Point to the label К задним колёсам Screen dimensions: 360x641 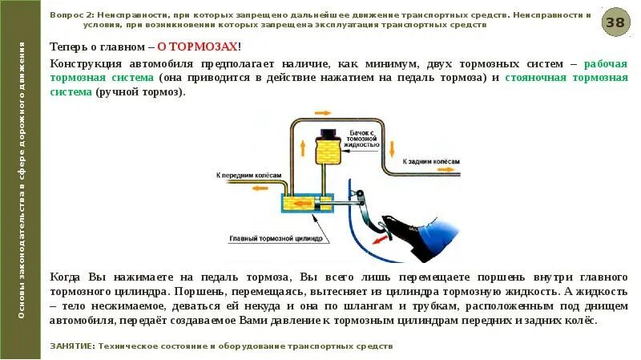[x=430, y=161]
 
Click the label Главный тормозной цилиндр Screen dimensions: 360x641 [x=276, y=237]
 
